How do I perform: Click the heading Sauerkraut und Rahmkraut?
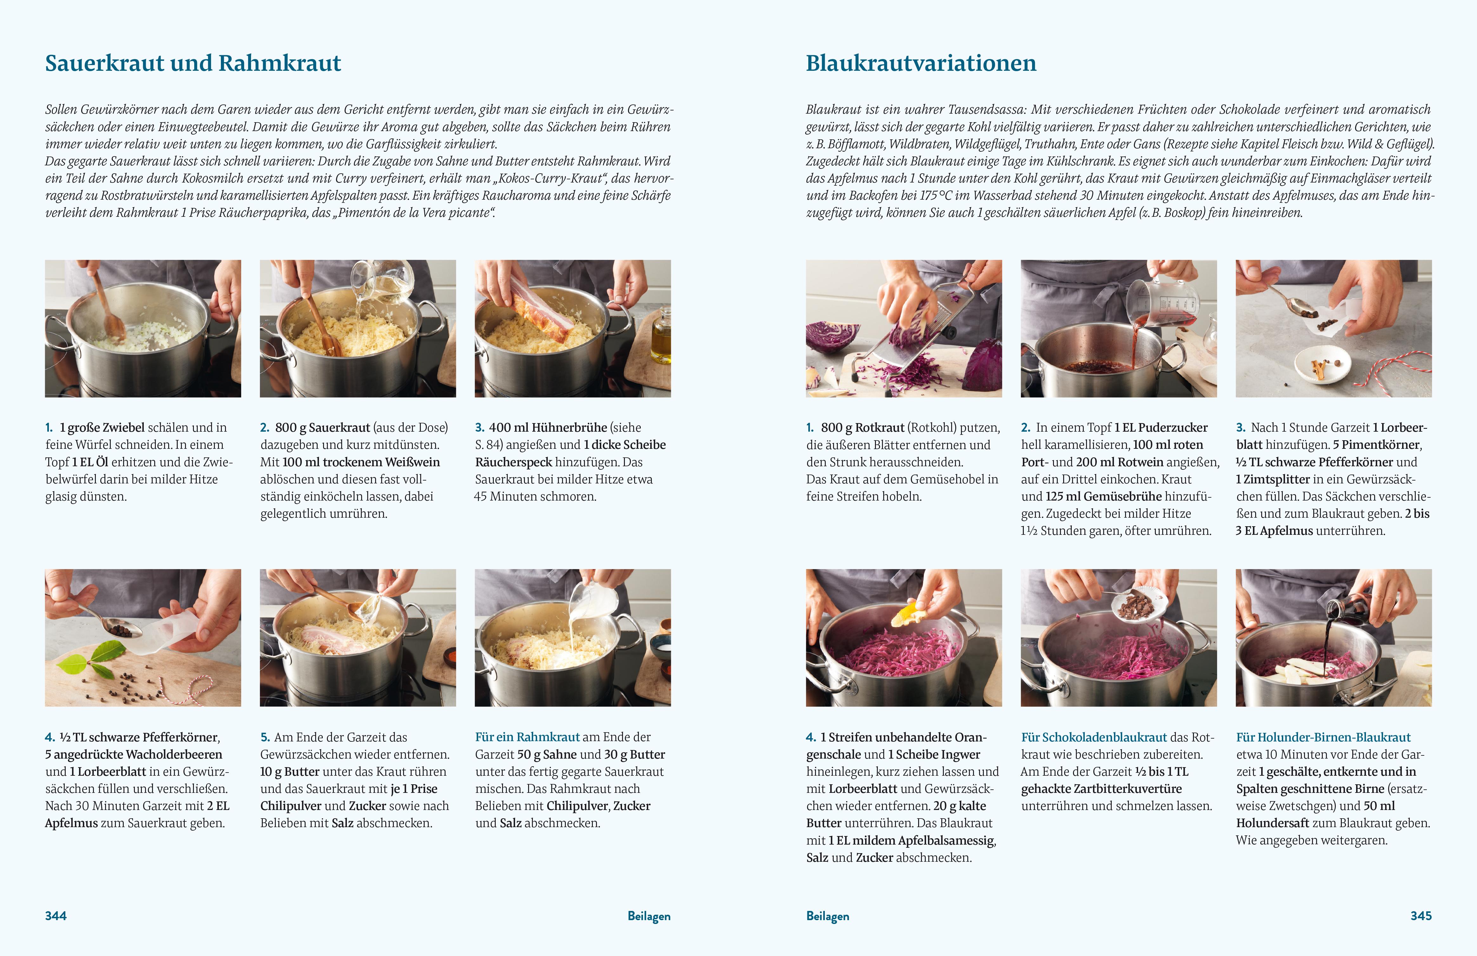click(x=193, y=63)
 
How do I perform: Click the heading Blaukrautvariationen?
click(x=921, y=63)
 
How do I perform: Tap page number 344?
click(x=56, y=916)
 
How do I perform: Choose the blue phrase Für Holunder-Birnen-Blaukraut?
click(x=1323, y=737)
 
